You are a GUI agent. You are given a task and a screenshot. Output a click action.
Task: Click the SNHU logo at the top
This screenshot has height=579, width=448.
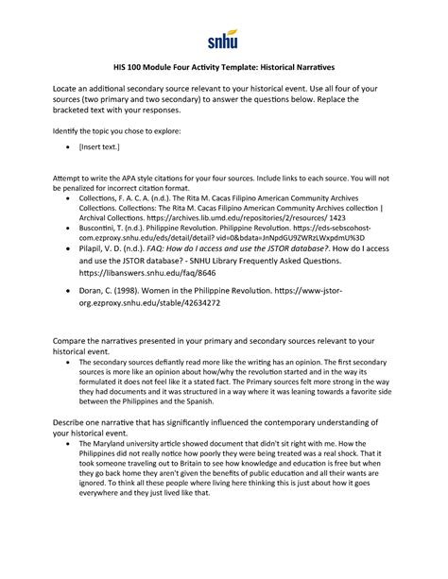[x=223, y=40]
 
